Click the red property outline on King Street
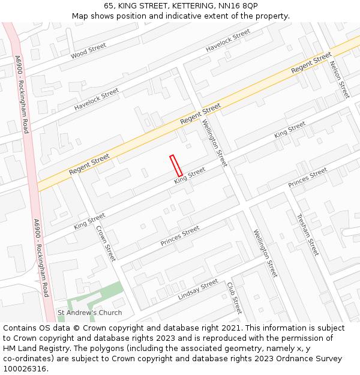(x=176, y=166)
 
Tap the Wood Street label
(x=88, y=51)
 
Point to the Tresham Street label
(x=308, y=235)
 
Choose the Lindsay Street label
(x=198, y=290)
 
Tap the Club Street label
(x=234, y=297)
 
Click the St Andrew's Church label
(x=89, y=313)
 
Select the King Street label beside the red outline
(x=190, y=175)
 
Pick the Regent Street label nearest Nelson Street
(x=311, y=63)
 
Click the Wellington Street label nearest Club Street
(x=265, y=253)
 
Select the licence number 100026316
(x=24, y=369)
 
